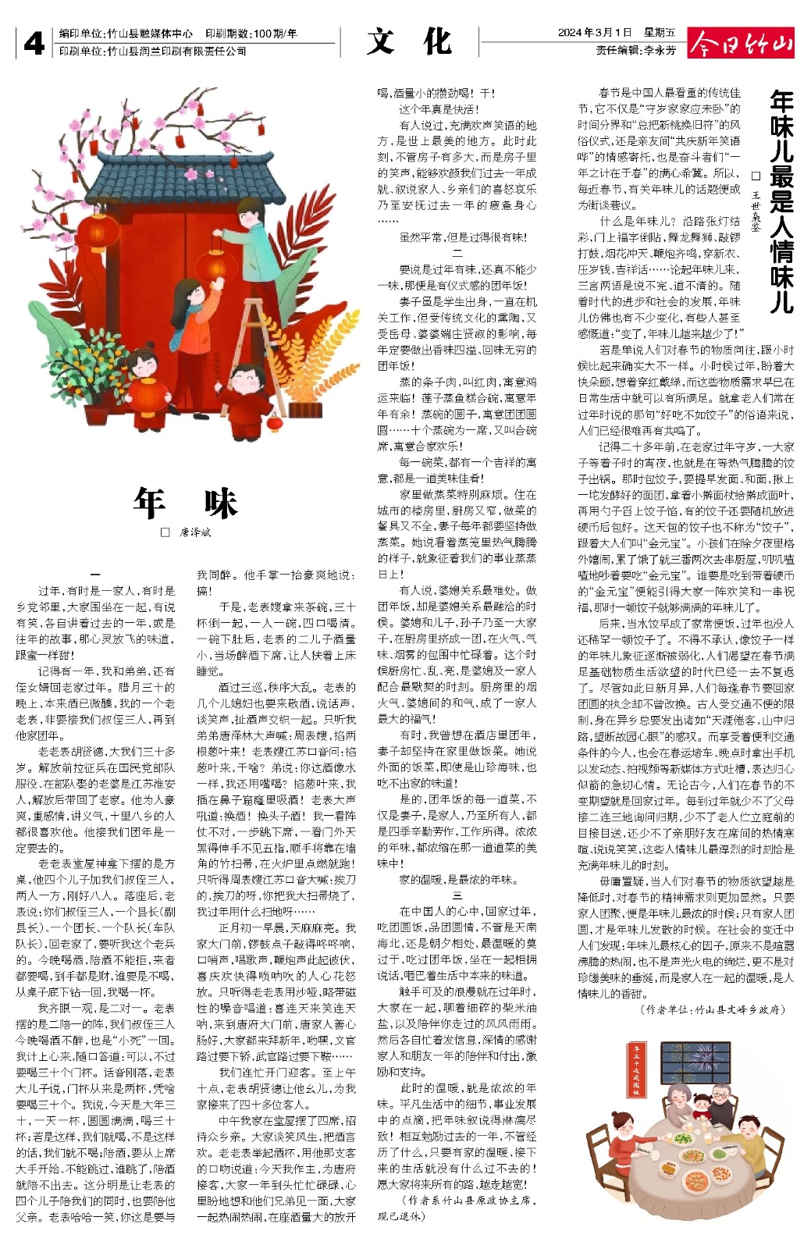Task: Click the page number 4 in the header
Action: pos(33,44)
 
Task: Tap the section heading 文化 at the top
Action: pos(409,41)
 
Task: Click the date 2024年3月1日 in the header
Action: pos(594,33)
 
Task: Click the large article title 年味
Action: pos(185,504)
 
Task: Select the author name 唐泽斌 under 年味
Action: pos(195,532)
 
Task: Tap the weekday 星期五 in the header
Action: pos(660,33)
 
